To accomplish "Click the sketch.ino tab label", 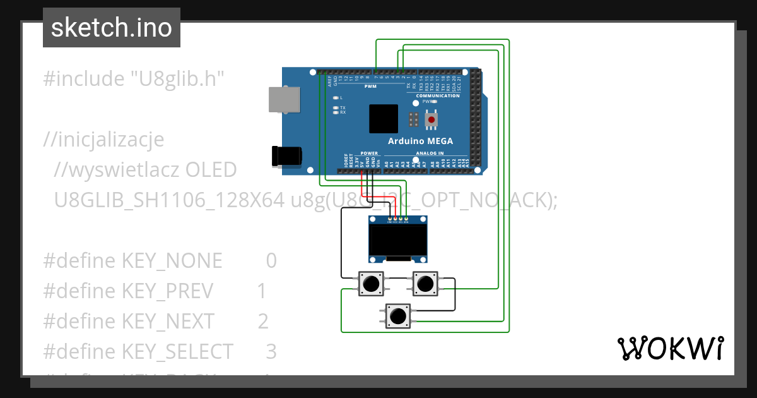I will [x=112, y=28].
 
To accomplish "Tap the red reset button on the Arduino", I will [x=431, y=119].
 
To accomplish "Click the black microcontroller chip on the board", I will [x=384, y=119].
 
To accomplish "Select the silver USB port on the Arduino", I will [x=285, y=100].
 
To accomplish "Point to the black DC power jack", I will [x=286, y=155].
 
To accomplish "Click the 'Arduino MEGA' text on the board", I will [x=420, y=141].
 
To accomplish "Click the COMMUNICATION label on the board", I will [x=438, y=95].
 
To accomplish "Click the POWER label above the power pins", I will [x=369, y=154].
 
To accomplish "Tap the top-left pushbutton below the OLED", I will [x=371, y=284].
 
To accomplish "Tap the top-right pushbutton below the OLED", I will [x=425, y=284].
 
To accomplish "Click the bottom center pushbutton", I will [x=398, y=315].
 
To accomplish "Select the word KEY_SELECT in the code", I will [x=177, y=351].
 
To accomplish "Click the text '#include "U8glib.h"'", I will [x=134, y=79].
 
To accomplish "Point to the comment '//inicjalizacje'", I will [x=103, y=139].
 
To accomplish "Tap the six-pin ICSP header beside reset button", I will [x=414, y=119].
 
